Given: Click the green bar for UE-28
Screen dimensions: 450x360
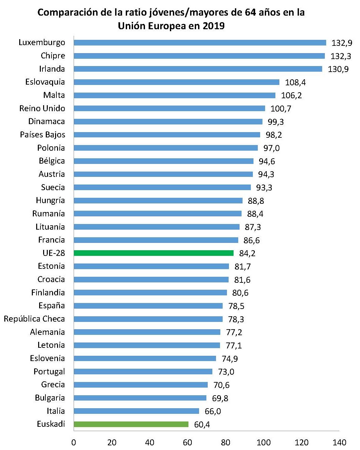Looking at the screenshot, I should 154,253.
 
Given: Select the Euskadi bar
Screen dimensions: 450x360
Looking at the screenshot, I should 131,424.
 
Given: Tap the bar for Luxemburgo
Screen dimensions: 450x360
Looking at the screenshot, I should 200,42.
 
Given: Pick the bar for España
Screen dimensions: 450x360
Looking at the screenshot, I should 148,306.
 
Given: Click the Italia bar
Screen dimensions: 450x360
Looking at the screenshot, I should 136,411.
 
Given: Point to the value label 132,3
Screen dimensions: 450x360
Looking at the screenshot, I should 340,56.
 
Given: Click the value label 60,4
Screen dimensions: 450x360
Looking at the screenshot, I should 202,424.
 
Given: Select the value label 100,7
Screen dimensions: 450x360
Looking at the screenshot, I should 281,109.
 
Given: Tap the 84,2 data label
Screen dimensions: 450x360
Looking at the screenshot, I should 247,253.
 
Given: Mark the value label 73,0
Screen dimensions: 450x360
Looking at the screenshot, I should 226,372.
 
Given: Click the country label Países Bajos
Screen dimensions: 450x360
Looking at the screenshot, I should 42,135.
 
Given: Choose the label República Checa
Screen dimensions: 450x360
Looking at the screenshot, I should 34,319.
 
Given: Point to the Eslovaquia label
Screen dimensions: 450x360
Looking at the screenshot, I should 45,82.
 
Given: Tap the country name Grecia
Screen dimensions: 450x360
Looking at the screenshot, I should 53,385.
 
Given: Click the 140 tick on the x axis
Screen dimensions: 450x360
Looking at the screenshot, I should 339,442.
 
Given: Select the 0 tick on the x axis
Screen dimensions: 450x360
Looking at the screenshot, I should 74,442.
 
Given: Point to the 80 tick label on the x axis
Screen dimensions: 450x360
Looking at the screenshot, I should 226,442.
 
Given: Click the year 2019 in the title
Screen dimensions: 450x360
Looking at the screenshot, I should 213,26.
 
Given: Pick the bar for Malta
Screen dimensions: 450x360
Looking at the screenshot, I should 175,95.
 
